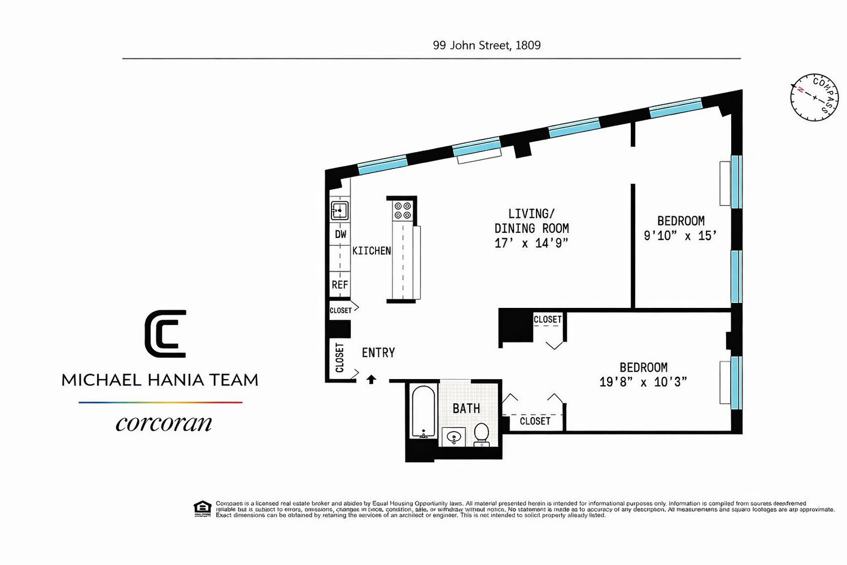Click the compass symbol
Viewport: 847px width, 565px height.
coord(814,97)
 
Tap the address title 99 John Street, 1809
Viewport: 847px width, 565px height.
coord(486,45)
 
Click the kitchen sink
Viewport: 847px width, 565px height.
coord(339,211)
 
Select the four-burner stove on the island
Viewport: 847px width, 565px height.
coord(403,211)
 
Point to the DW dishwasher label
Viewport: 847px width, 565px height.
coord(340,234)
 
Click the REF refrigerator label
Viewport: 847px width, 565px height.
coord(340,285)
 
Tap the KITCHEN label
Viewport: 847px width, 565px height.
coord(372,250)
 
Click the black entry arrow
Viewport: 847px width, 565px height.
coord(371,379)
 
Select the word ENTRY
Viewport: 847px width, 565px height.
coord(378,353)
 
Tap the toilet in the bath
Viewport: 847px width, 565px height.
coord(481,433)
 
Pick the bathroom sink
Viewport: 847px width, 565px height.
coord(453,437)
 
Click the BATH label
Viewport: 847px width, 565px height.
coord(466,408)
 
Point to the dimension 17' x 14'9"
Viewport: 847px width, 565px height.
coord(531,243)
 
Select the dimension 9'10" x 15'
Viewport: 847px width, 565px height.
coord(680,236)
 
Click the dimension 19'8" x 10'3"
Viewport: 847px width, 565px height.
coord(643,382)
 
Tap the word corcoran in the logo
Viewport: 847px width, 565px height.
coord(164,423)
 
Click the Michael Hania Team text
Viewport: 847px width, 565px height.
coord(160,380)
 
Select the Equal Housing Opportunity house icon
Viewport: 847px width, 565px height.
coord(202,508)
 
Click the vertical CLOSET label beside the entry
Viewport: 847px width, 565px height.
coord(339,358)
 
